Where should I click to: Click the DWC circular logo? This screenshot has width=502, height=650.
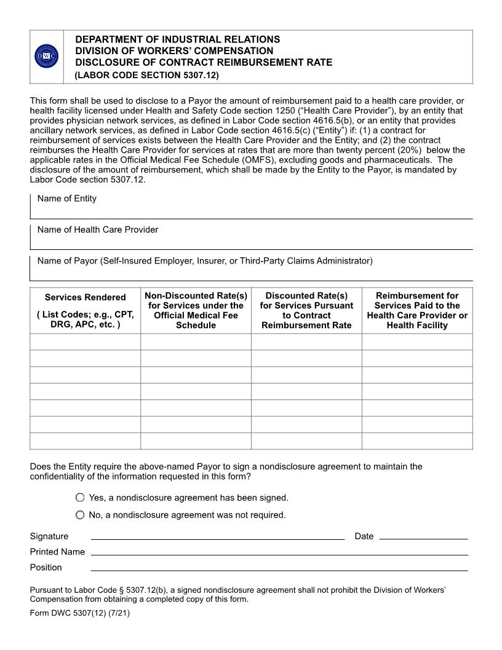(47, 57)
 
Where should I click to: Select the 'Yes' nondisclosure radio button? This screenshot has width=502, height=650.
(80, 497)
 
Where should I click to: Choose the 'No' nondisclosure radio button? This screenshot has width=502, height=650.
(80, 515)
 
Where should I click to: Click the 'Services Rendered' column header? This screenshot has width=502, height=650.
(86, 311)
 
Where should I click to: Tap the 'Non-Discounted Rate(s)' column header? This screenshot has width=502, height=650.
(196, 311)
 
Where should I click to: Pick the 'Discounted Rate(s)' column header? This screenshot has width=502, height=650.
(306, 311)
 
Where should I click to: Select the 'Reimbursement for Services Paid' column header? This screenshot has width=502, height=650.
(417, 311)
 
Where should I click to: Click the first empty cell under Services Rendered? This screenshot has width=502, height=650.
(86, 342)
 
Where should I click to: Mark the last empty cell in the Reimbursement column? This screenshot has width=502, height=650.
(417, 441)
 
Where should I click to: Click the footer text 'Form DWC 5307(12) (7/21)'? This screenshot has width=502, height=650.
(80, 614)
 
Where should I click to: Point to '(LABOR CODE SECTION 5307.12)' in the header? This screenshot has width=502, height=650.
(146, 76)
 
